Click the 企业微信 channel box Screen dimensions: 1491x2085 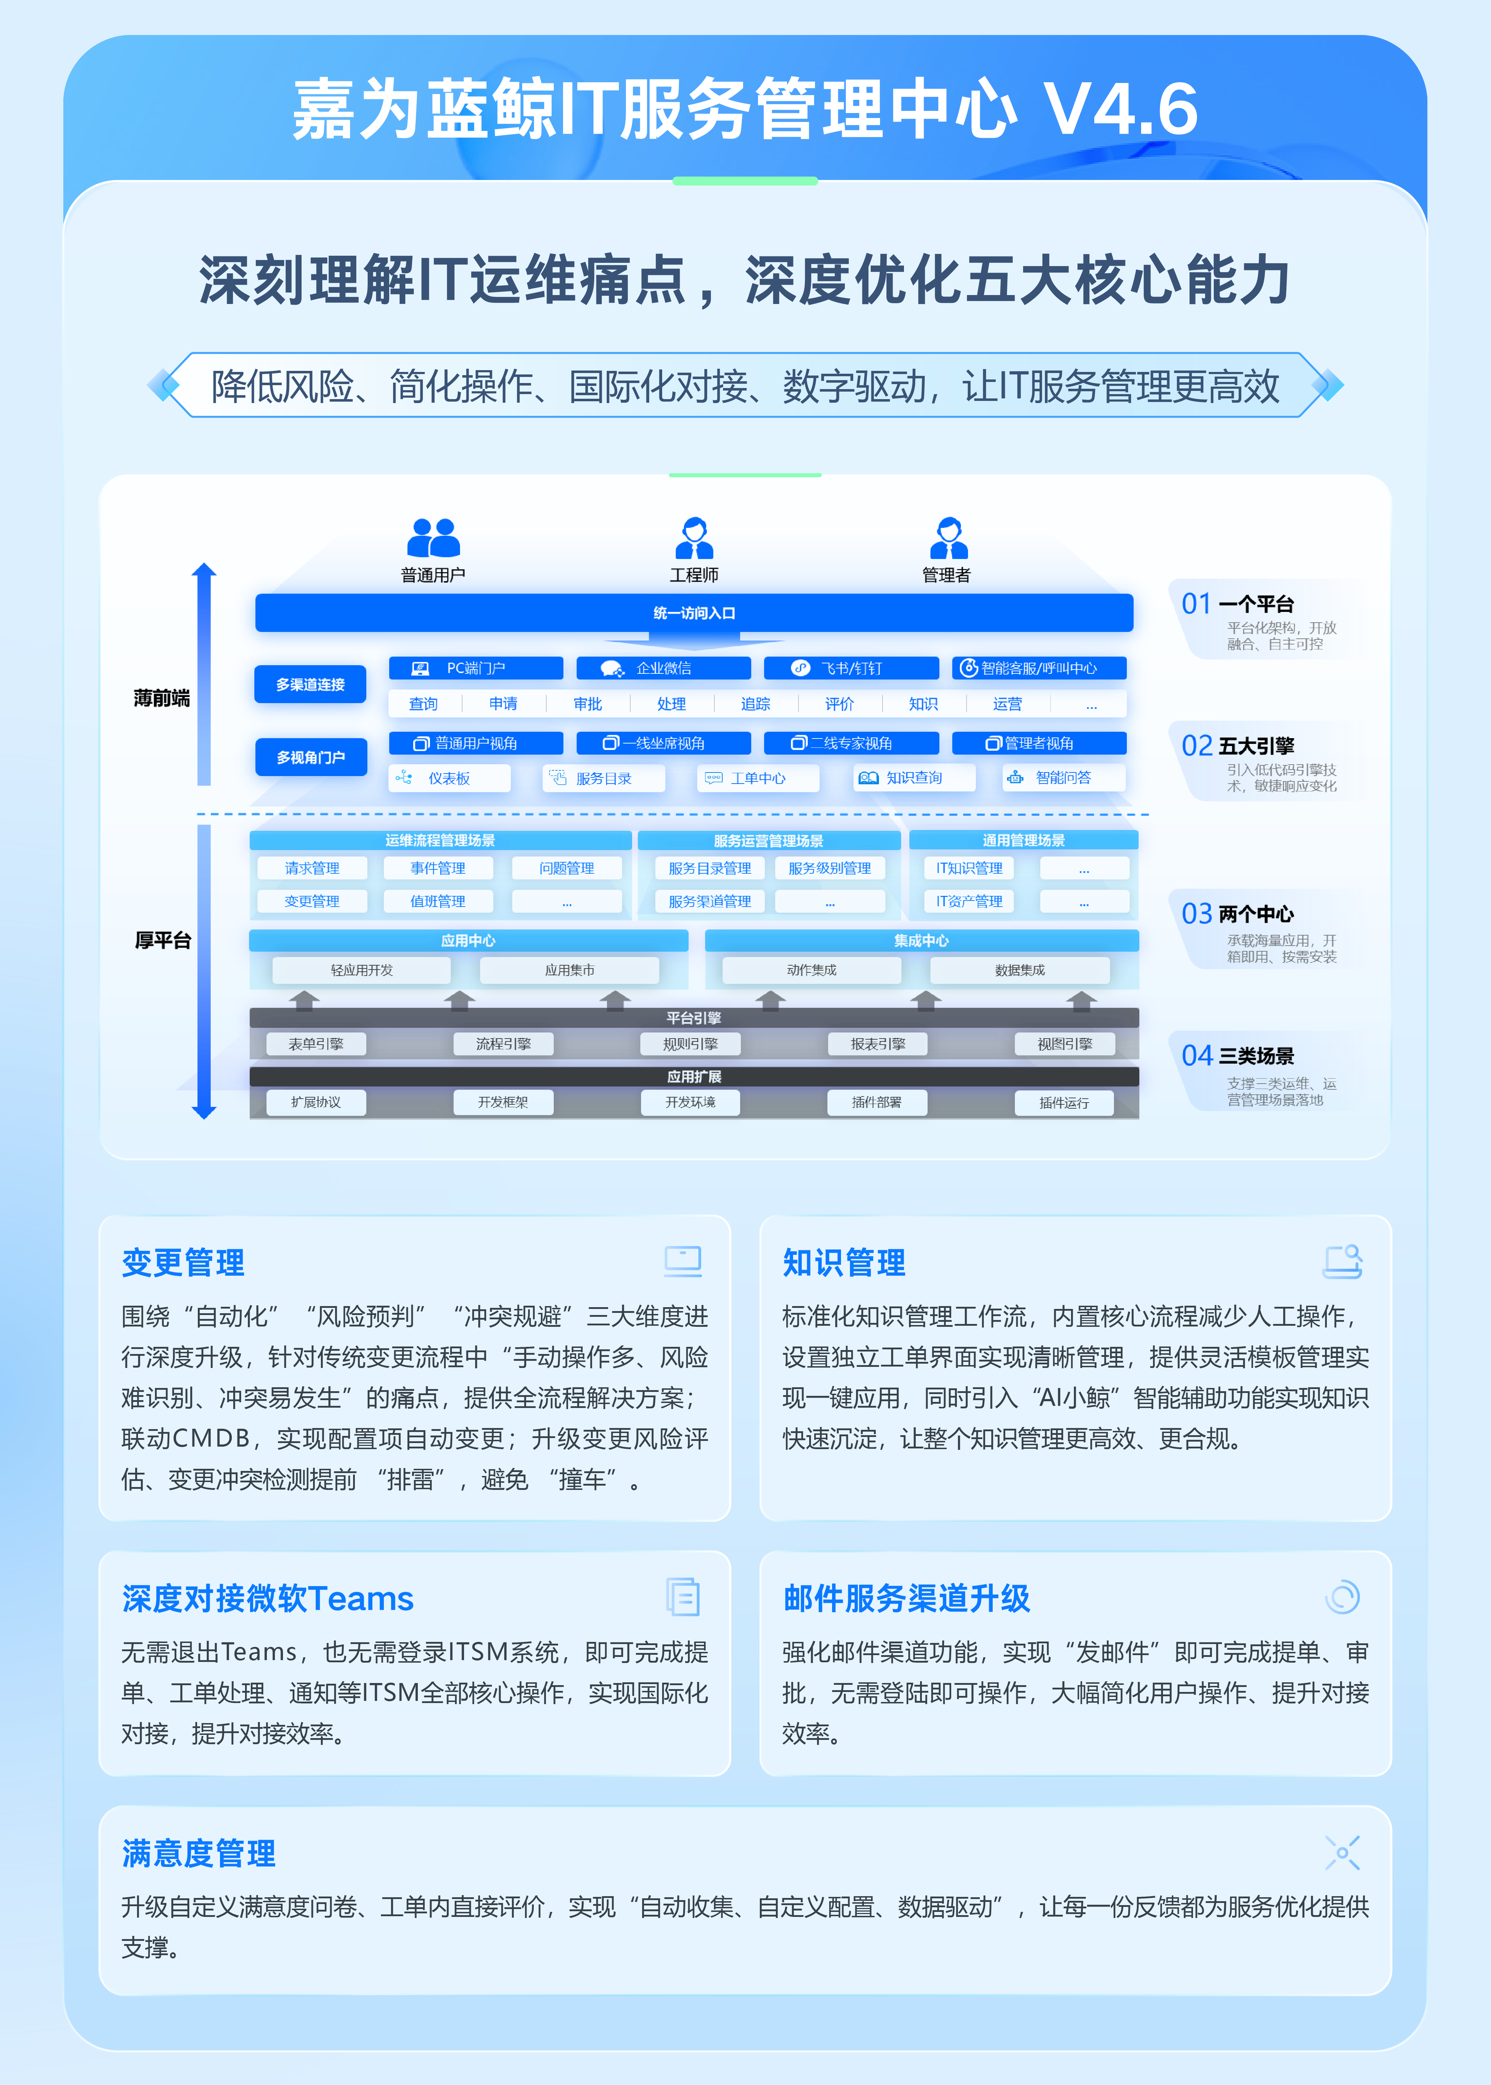pos(663,668)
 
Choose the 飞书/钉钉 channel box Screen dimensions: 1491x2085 pos(851,668)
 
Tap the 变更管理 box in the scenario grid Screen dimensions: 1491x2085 pos(312,901)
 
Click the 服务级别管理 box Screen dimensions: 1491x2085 pos(830,868)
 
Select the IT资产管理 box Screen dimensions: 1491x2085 pos(969,901)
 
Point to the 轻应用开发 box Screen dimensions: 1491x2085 pos(362,970)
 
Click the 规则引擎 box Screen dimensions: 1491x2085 pos(690,1044)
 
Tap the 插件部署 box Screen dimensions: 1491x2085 pos(877,1102)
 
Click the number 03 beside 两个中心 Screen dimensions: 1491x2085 pos(1196,914)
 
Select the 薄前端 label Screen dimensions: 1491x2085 pos(162,698)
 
